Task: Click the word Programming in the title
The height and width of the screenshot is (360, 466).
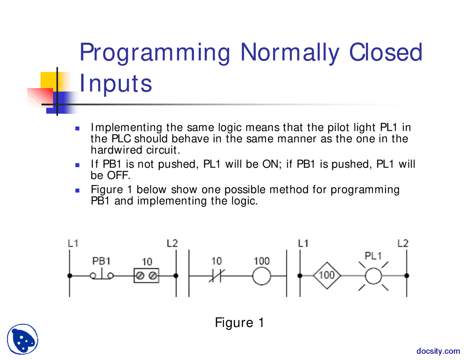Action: tap(155, 53)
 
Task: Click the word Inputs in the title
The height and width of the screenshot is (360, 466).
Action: tap(116, 83)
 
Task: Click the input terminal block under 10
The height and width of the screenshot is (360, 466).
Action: tap(146, 276)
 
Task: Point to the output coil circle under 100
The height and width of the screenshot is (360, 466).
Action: tap(261, 276)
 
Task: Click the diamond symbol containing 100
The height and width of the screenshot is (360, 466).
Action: tap(327, 276)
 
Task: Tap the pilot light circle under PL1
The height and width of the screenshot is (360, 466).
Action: tap(373, 276)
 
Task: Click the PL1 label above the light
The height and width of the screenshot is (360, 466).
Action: tap(373, 256)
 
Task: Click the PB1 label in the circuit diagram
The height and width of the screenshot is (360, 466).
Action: tap(101, 261)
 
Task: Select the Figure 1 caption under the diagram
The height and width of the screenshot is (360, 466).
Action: tap(239, 323)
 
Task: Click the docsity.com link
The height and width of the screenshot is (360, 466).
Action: tap(438, 351)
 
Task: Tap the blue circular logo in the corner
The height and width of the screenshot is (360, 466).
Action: tap(23, 339)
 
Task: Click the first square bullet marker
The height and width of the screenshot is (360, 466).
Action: tap(77, 128)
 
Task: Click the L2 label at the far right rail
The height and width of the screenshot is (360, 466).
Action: tap(403, 243)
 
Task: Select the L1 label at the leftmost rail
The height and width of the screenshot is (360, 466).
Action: tap(73, 243)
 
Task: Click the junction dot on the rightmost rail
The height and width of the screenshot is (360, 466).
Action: tap(407, 276)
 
